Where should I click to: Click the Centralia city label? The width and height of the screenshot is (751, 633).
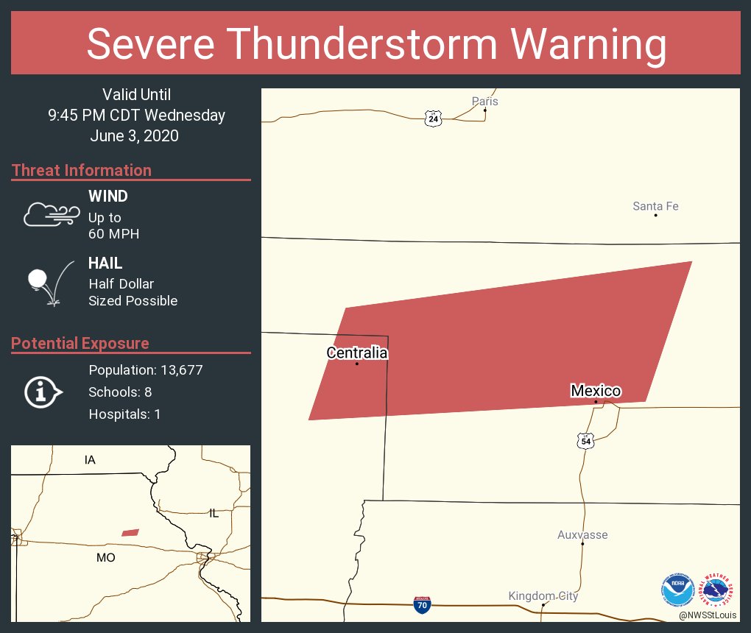pos(357,353)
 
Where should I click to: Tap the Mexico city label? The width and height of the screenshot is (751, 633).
pos(596,391)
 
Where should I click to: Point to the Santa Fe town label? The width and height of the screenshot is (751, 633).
pos(655,206)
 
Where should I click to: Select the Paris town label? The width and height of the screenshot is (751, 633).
pos(485,101)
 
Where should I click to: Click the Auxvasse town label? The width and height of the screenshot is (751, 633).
pos(582,534)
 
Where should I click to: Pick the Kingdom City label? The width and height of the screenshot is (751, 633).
pos(543,595)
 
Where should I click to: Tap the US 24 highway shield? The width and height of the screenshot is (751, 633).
pos(434,118)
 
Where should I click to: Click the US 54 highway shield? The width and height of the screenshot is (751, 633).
pos(585,441)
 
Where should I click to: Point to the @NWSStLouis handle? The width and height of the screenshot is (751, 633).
pos(708,615)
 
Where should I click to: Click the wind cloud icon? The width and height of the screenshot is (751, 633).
pos(50,213)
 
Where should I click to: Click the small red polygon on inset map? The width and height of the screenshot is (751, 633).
pos(130,532)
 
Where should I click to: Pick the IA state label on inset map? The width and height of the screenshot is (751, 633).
pos(90,460)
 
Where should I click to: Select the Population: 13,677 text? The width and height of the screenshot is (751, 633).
pos(146,369)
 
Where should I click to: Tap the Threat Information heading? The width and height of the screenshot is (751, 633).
pos(82,170)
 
